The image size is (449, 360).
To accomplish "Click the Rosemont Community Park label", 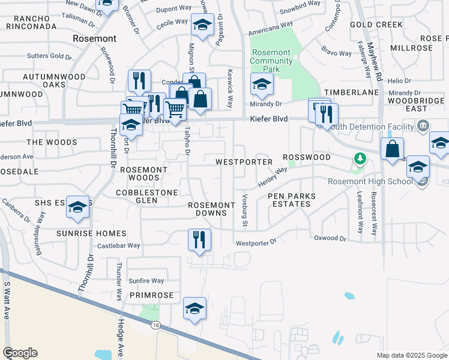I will coord(271,61).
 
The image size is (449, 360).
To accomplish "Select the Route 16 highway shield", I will coord(156,325).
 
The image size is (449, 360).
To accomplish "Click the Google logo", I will coord(20,353).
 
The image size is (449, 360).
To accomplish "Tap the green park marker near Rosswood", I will coord(360,159).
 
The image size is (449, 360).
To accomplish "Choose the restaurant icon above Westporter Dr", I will coord(199,239).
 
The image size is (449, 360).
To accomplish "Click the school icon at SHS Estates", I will coord(77,206).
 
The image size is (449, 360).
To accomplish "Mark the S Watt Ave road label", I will coord(7,300).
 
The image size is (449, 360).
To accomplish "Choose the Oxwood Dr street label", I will coord(330,238).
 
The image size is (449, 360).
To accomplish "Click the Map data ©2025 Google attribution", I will coord(411,355).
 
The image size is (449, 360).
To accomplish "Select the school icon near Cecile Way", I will coord(202,26).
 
